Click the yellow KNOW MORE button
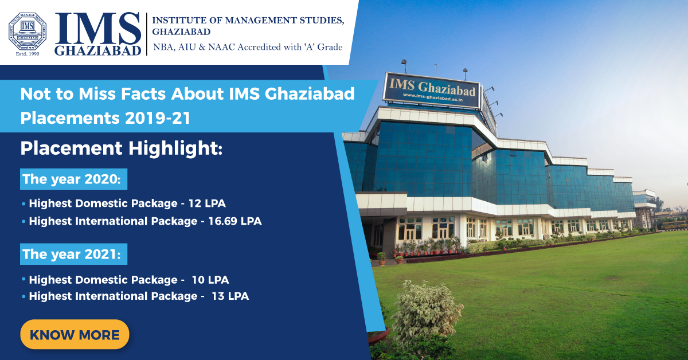(75, 334)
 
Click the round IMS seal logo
(28, 32)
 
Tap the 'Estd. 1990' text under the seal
(28, 54)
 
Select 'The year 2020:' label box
(74, 179)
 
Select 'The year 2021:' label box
(74, 254)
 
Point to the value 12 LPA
(207, 204)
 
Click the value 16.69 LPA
(235, 221)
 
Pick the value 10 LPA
(210, 280)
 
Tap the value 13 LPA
(230, 296)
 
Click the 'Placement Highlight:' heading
(122, 148)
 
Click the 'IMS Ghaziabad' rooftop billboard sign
(431, 91)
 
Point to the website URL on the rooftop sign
(433, 97)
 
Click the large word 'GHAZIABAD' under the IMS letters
(97, 50)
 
